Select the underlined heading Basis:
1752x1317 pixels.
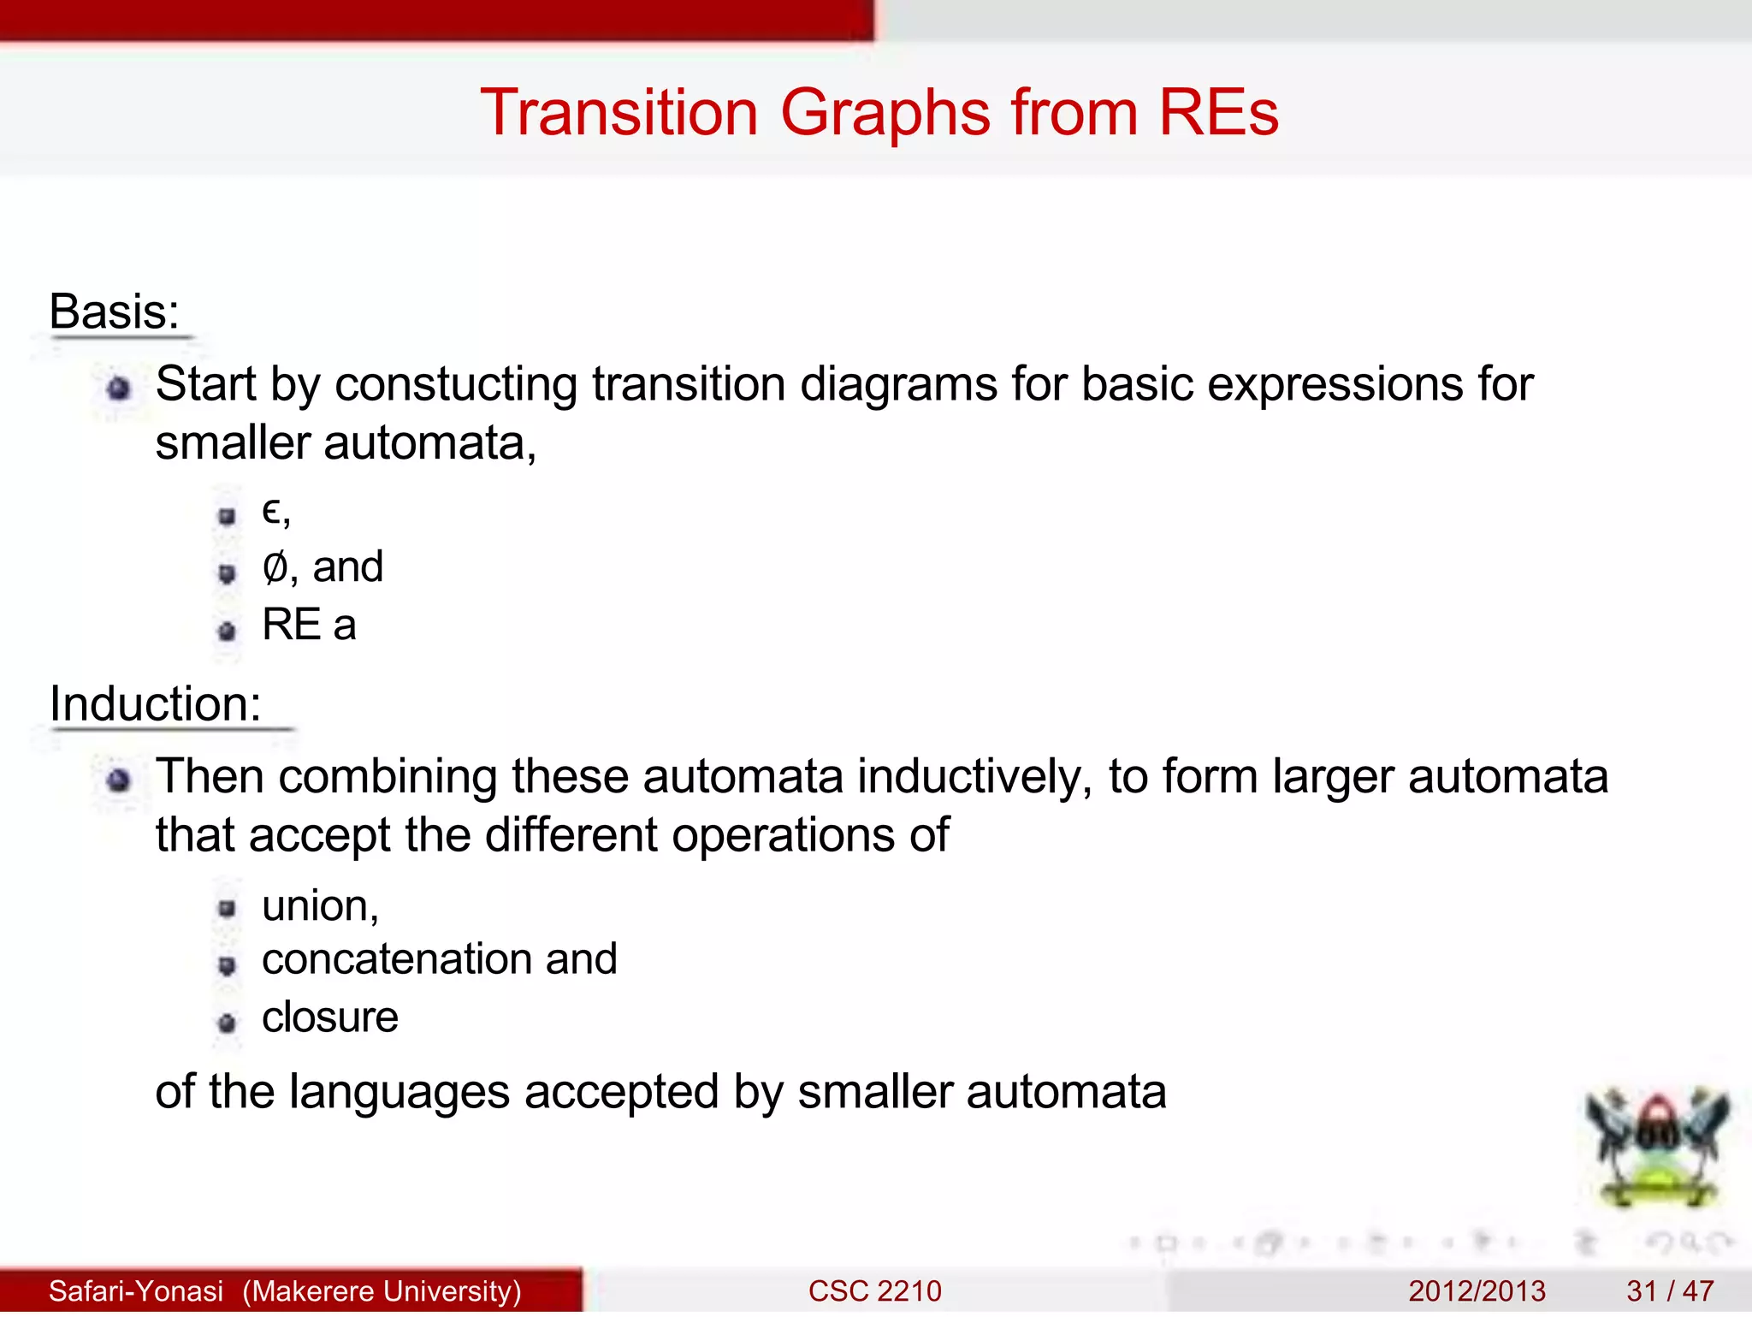[x=115, y=311]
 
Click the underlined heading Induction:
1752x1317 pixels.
[x=155, y=704]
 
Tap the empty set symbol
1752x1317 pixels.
[x=275, y=567]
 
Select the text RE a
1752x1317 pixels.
[x=309, y=625]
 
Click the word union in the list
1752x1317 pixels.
[x=316, y=905]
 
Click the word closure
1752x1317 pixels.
[x=329, y=1017]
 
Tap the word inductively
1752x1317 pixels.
[x=974, y=777]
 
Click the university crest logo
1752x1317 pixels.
[x=1657, y=1147]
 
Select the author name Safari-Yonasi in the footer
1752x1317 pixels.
[x=136, y=1290]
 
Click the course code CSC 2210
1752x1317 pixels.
[x=874, y=1290]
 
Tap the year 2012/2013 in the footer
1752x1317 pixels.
[x=1477, y=1290]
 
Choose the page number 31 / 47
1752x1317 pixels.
[x=1670, y=1290]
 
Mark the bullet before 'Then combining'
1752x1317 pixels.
[x=119, y=780]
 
